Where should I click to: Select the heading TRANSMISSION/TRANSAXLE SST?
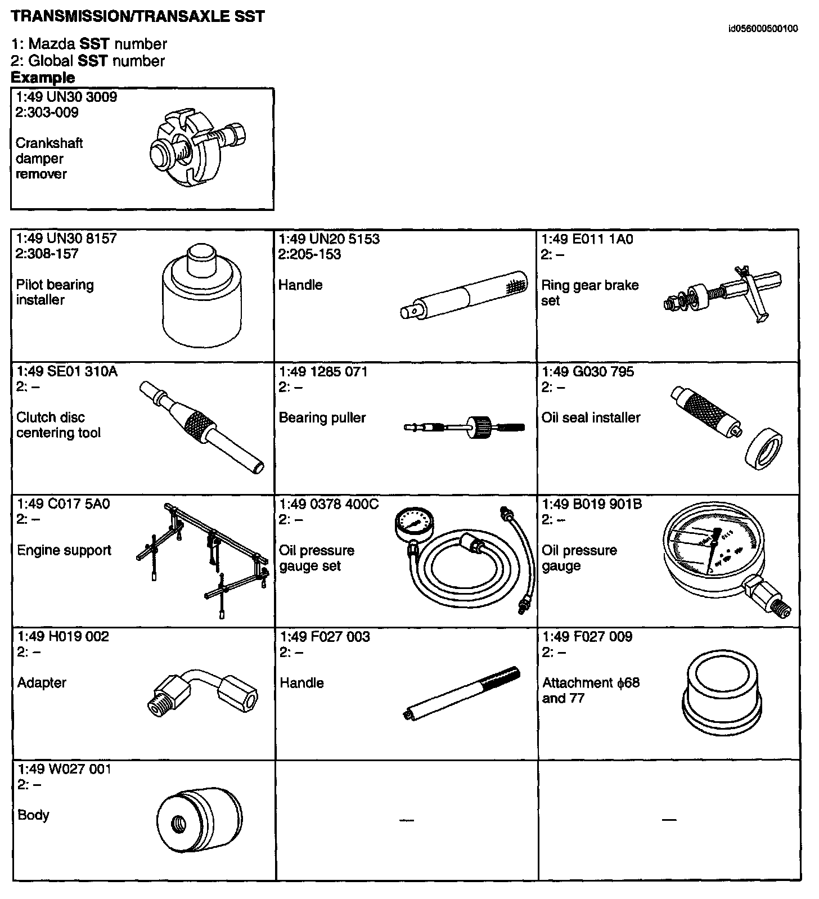click(x=138, y=16)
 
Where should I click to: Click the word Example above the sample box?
click(x=43, y=78)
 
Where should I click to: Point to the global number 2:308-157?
click(x=48, y=254)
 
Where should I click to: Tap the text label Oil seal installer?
click(x=591, y=417)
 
